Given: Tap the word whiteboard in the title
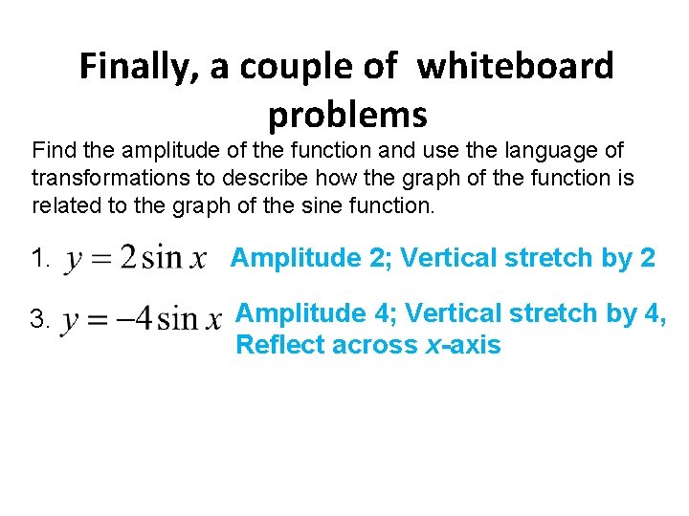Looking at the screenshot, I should click(x=517, y=67).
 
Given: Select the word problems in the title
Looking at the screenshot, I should click(x=347, y=115).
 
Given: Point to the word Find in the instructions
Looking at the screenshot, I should click(x=55, y=151).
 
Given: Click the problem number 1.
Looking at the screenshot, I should click(x=39, y=258).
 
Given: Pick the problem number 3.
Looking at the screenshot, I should click(x=39, y=321).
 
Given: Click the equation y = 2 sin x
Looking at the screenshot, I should click(x=135, y=259).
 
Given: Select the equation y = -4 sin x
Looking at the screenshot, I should click(x=141, y=321).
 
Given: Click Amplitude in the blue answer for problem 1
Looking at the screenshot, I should click(x=290, y=258).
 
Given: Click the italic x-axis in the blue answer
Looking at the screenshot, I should click(x=462, y=345).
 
